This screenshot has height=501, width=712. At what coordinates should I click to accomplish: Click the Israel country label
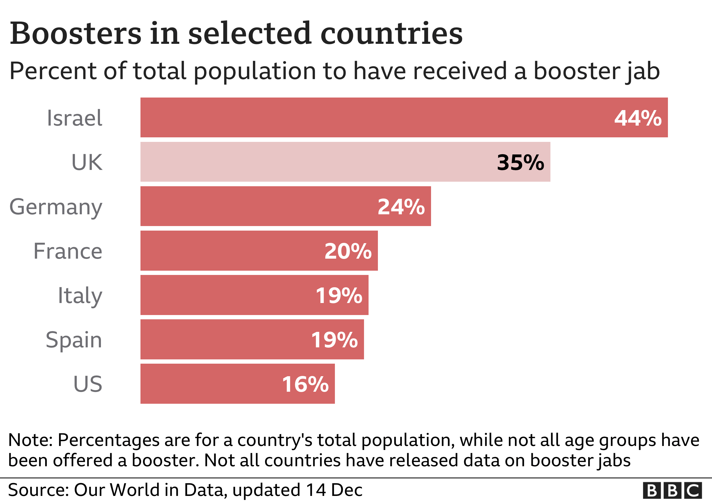pyautogui.click(x=75, y=118)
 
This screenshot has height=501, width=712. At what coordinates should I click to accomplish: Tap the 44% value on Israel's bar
pyautogui.click(x=638, y=118)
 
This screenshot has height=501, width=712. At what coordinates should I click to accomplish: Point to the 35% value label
pyautogui.click(x=520, y=162)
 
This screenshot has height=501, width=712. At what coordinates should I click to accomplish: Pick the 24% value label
pyautogui.click(x=401, y=207)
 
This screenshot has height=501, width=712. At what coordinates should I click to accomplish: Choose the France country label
pyautogui.click(x=68, y=251)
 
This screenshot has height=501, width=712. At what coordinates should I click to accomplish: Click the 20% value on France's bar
pyautogui.click(x=348, y=251)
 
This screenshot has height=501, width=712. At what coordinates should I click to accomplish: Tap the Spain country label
pyautogui.click(x=74, y=340)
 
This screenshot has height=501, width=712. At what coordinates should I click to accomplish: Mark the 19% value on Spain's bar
pyautogui.click(x=334, y=340)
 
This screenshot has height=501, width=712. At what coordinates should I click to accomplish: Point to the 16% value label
pyautogui.click(x=305, y=384)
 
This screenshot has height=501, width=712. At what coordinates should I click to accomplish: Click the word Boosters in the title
pyautogui.click(x=76, y=33)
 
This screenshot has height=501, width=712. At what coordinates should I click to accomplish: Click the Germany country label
pyautogui.click(x=56, y=207)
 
